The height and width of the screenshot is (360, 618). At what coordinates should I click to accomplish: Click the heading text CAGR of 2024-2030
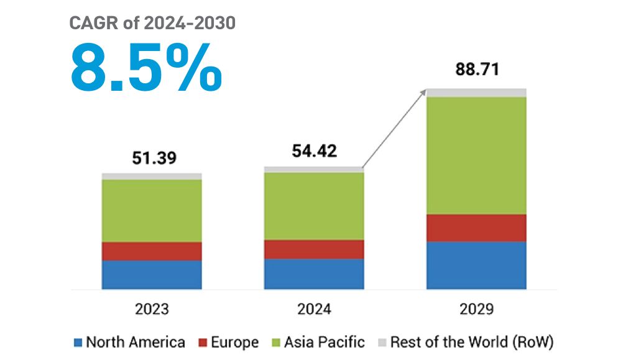coord(152,24)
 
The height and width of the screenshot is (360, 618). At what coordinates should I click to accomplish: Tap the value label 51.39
coord(154,158)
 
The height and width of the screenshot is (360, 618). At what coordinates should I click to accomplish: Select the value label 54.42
coord(315,151)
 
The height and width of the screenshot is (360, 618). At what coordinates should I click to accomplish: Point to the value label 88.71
coord(476,69)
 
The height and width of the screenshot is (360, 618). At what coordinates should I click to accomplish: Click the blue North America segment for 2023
coord(152,274)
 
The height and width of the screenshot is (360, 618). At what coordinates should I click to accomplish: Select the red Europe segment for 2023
coord(152,251)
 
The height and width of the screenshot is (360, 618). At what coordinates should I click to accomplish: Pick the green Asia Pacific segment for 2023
coord(152,210)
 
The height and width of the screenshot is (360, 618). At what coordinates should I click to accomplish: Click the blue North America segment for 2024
coord(314,274)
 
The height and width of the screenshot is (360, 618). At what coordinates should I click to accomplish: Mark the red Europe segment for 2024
coord(314,249)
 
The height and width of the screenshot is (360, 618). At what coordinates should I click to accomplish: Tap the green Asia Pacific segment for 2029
coord(476,155)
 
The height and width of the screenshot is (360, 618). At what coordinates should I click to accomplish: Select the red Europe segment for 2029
coord(476,228)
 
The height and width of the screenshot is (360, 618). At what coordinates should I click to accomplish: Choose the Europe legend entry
coord(228,342)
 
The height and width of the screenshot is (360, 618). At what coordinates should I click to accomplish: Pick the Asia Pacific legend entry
coord(318,342)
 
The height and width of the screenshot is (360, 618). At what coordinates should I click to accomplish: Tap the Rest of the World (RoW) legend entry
coord(465,342)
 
